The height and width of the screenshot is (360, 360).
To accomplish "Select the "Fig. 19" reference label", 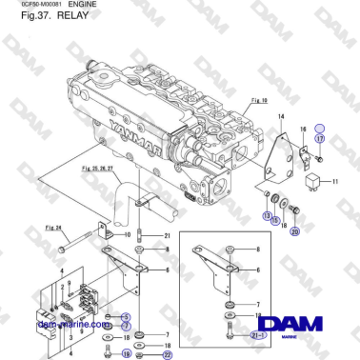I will coord(256,99).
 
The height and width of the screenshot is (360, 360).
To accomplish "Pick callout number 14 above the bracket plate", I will coord(280,115).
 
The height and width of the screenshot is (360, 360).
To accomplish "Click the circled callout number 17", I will coord(320,140).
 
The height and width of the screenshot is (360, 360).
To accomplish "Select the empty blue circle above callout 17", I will coord(320,127).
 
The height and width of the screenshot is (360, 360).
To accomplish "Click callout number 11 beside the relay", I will coord(334,180).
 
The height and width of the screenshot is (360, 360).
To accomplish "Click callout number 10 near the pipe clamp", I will coord(129,234).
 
